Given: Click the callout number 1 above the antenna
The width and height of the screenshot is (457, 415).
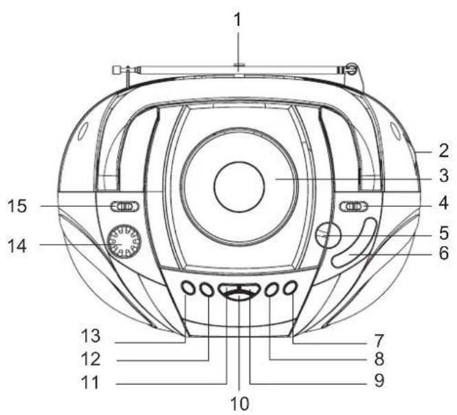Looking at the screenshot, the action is pos(238,20).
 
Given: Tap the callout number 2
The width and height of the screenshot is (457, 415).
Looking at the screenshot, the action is pos(444,150).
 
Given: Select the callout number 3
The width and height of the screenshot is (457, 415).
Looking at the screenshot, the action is pos(444,176).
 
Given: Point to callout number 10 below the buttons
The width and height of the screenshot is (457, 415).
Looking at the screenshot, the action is pos(240,403).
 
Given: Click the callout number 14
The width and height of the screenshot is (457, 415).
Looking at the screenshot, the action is pos(17,246).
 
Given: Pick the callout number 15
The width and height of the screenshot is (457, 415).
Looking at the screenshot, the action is pos(17,205).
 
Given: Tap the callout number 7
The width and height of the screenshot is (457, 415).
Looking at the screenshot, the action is pos(379,341).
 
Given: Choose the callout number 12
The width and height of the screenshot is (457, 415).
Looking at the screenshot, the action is pos(91,359).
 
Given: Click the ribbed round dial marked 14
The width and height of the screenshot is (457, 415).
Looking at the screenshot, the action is pos(124,241).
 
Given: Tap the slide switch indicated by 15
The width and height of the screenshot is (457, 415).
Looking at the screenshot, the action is pos(125,206).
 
